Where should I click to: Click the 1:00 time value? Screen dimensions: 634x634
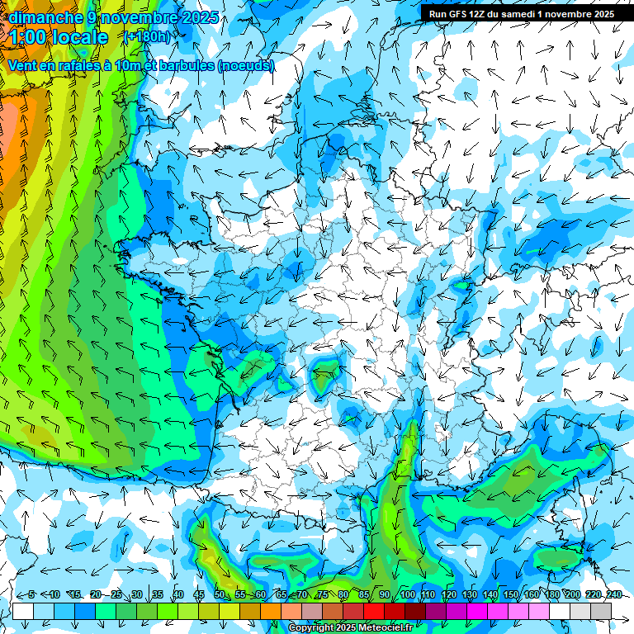point(28,37)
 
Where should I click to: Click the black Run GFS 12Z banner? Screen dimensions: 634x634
point(521,13)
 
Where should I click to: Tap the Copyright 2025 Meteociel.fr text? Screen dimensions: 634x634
point(350,627)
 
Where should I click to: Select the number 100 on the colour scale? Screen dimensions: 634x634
point(408,594)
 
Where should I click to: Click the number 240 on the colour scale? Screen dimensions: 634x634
point(613,594)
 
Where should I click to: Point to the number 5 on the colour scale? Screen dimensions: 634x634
point(31,594)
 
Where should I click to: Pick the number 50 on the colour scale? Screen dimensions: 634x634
point(220,594)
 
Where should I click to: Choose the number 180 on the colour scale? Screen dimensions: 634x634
point(551,594)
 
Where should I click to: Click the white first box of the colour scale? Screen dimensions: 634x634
point(23,611)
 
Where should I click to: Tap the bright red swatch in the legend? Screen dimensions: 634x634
point(374,611)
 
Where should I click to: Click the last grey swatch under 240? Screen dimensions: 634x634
point(601,611)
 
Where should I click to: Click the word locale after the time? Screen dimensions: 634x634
point(78,37)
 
